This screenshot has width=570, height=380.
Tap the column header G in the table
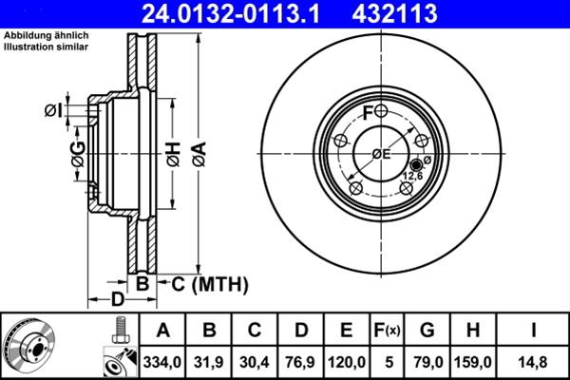(427, 330)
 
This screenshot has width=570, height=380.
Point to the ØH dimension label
(173, 152)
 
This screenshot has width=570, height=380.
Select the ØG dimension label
(78, 152)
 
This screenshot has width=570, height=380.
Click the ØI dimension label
(54, 111)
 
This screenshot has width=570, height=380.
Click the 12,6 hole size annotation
(414, 176)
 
